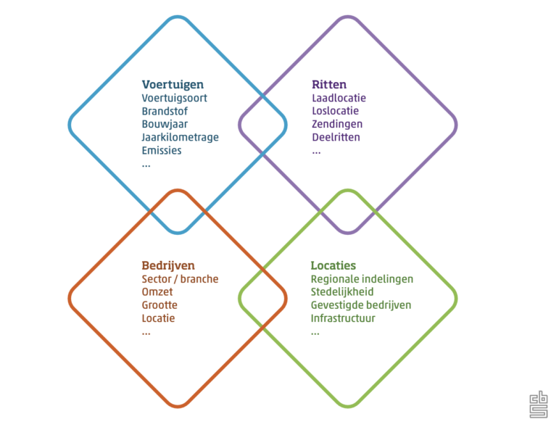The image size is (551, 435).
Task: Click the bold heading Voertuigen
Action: tap(173, 85)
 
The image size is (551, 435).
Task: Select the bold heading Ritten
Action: tap(329, 84)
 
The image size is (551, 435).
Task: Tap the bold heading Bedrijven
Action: tap(168, 265)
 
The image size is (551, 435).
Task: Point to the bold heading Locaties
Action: tap(333, 265)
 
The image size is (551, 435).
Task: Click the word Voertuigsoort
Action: tap(174, 98)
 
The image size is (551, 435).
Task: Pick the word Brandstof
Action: tap(165, 111)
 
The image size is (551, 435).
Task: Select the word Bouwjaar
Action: tap(165, 124)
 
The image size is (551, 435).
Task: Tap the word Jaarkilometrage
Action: tap(181, 137)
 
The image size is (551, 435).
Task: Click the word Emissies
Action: tap(162, 150)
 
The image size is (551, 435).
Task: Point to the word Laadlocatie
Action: tap(339, 98)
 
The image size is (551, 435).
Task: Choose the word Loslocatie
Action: tap(335, 111)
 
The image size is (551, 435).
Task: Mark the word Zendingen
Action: tap(337, 124)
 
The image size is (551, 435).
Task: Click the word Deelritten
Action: tap(336, 137)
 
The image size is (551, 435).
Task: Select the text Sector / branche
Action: tap(180, 279)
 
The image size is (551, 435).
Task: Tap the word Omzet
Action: tap(157, 292)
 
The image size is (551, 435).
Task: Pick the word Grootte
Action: tap(159, 305)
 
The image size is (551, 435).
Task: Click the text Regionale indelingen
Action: tap(362, 279)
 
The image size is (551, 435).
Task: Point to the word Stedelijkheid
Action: tap(342, 292)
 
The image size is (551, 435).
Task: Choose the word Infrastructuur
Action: tap(343, 318)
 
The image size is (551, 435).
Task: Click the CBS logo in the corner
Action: tap(539, 405)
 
